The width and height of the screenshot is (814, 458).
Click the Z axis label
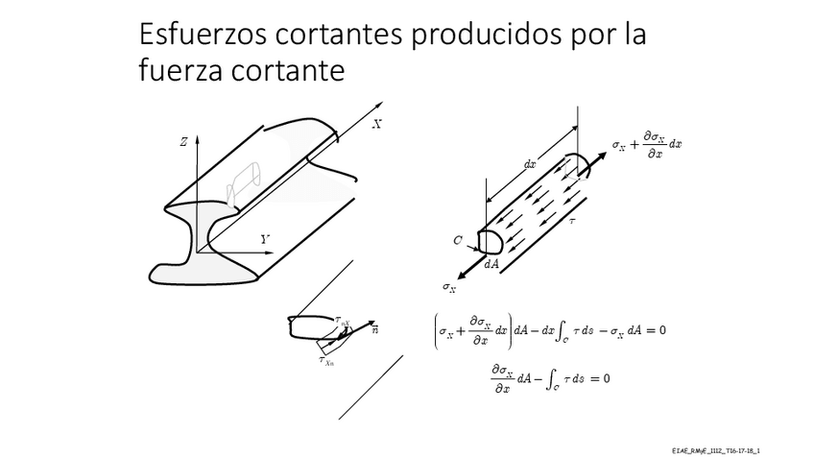coord(182,141)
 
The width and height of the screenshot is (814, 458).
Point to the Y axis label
coord(264,238)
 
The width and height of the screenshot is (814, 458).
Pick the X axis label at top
coord(376,124)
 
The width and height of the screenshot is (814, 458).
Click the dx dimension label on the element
coord(530,164)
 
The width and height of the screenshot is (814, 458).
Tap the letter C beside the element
coord(458,241)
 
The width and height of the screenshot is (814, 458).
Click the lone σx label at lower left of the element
coord(449,286)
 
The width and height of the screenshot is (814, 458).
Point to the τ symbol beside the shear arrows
coord(572,220)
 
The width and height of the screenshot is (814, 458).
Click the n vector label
coord(374,330)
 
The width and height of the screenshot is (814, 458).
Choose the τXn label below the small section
coord(326,360)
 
